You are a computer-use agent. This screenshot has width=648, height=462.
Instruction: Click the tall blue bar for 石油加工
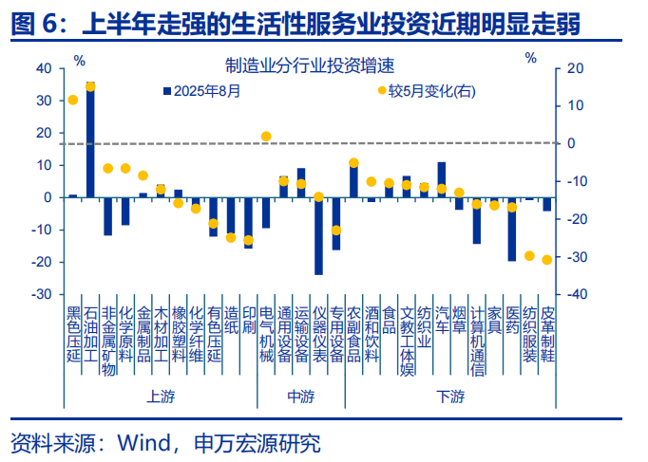coord(90,142)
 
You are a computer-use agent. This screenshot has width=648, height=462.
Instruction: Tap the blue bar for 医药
coord(512,229)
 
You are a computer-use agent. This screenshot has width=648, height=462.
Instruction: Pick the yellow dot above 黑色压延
coord(73,100)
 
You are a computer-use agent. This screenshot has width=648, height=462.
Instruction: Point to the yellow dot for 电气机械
coord(266,137)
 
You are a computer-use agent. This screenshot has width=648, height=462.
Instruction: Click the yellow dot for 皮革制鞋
coord(547,260)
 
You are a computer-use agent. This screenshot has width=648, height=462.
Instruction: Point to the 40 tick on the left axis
coord(44,69)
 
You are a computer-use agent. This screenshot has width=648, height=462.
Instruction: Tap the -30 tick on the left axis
coord(42,294)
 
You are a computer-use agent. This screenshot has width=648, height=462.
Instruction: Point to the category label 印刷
coord(249,323)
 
